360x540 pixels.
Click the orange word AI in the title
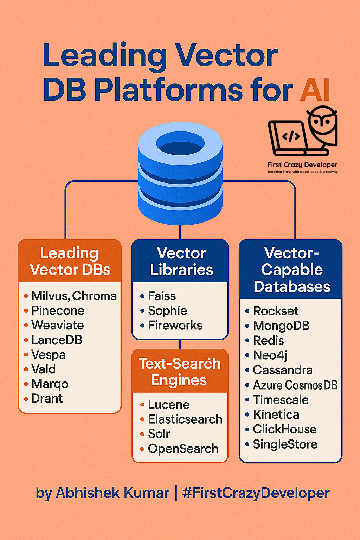tap(315, 90)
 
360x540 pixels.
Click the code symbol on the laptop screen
tap(291, 136)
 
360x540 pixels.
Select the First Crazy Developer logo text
tap(302, 165)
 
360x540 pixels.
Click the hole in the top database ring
tap(180, 143)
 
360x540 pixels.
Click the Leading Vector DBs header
tap(70, 261)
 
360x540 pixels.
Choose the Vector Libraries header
tap(181, 261)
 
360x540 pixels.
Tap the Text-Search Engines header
tap(180, 372)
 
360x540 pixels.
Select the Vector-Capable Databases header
tap(291, 270)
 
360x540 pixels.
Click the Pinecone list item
tap(58, 310)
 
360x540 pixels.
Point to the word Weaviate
tap(58, 325)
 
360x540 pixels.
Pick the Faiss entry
tap(162, 296)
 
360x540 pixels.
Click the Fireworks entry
tap(175, 325)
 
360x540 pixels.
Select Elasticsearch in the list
tap(185, 419)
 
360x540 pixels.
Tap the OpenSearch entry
tap(183, 449)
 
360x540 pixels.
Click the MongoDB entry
tap(281, 326)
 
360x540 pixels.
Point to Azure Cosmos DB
tap(295, 385)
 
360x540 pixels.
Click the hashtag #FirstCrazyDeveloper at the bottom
tap(256, 493)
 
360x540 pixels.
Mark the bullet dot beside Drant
tap(26, 399)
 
